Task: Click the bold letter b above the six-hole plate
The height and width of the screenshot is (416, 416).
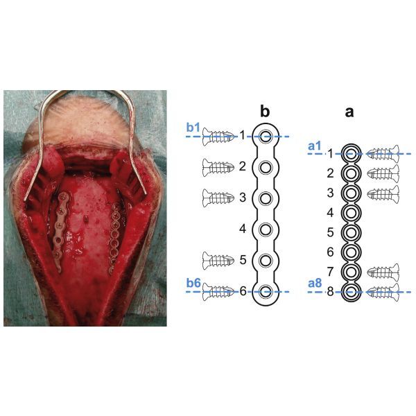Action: (x=265, y=112)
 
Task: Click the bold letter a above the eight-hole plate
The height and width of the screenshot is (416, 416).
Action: (x=349, y=112)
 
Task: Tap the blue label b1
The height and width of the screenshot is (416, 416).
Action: (x=193, y=128)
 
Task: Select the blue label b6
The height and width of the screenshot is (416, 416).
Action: (x=193, y=283)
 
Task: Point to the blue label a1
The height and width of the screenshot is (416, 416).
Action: (x=315, y=146)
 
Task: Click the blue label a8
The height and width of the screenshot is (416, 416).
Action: (x=315, y=284)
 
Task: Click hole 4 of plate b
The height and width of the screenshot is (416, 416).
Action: (x=266, y=229)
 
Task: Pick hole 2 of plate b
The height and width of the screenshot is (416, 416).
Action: (x=266, y=167)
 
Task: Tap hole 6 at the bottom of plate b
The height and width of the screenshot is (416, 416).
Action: (x=266, y=292)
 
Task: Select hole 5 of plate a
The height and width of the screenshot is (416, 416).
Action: (x=351, y=233)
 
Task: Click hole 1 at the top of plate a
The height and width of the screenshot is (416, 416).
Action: (x=351, y=153)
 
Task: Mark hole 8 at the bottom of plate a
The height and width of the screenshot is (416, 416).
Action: (x=351, y=292)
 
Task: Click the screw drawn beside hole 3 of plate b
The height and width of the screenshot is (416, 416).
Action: (x=218, y=198)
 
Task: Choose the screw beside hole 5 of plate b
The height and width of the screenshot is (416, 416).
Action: (x=218, y=261)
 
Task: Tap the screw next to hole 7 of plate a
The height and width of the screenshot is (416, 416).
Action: (x=383, y=272)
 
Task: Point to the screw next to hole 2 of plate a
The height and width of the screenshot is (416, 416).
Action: (x=383, y=173)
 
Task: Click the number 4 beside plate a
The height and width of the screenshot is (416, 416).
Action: (x=330, y=213)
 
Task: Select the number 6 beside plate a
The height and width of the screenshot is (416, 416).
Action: (x=330, y=252)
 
